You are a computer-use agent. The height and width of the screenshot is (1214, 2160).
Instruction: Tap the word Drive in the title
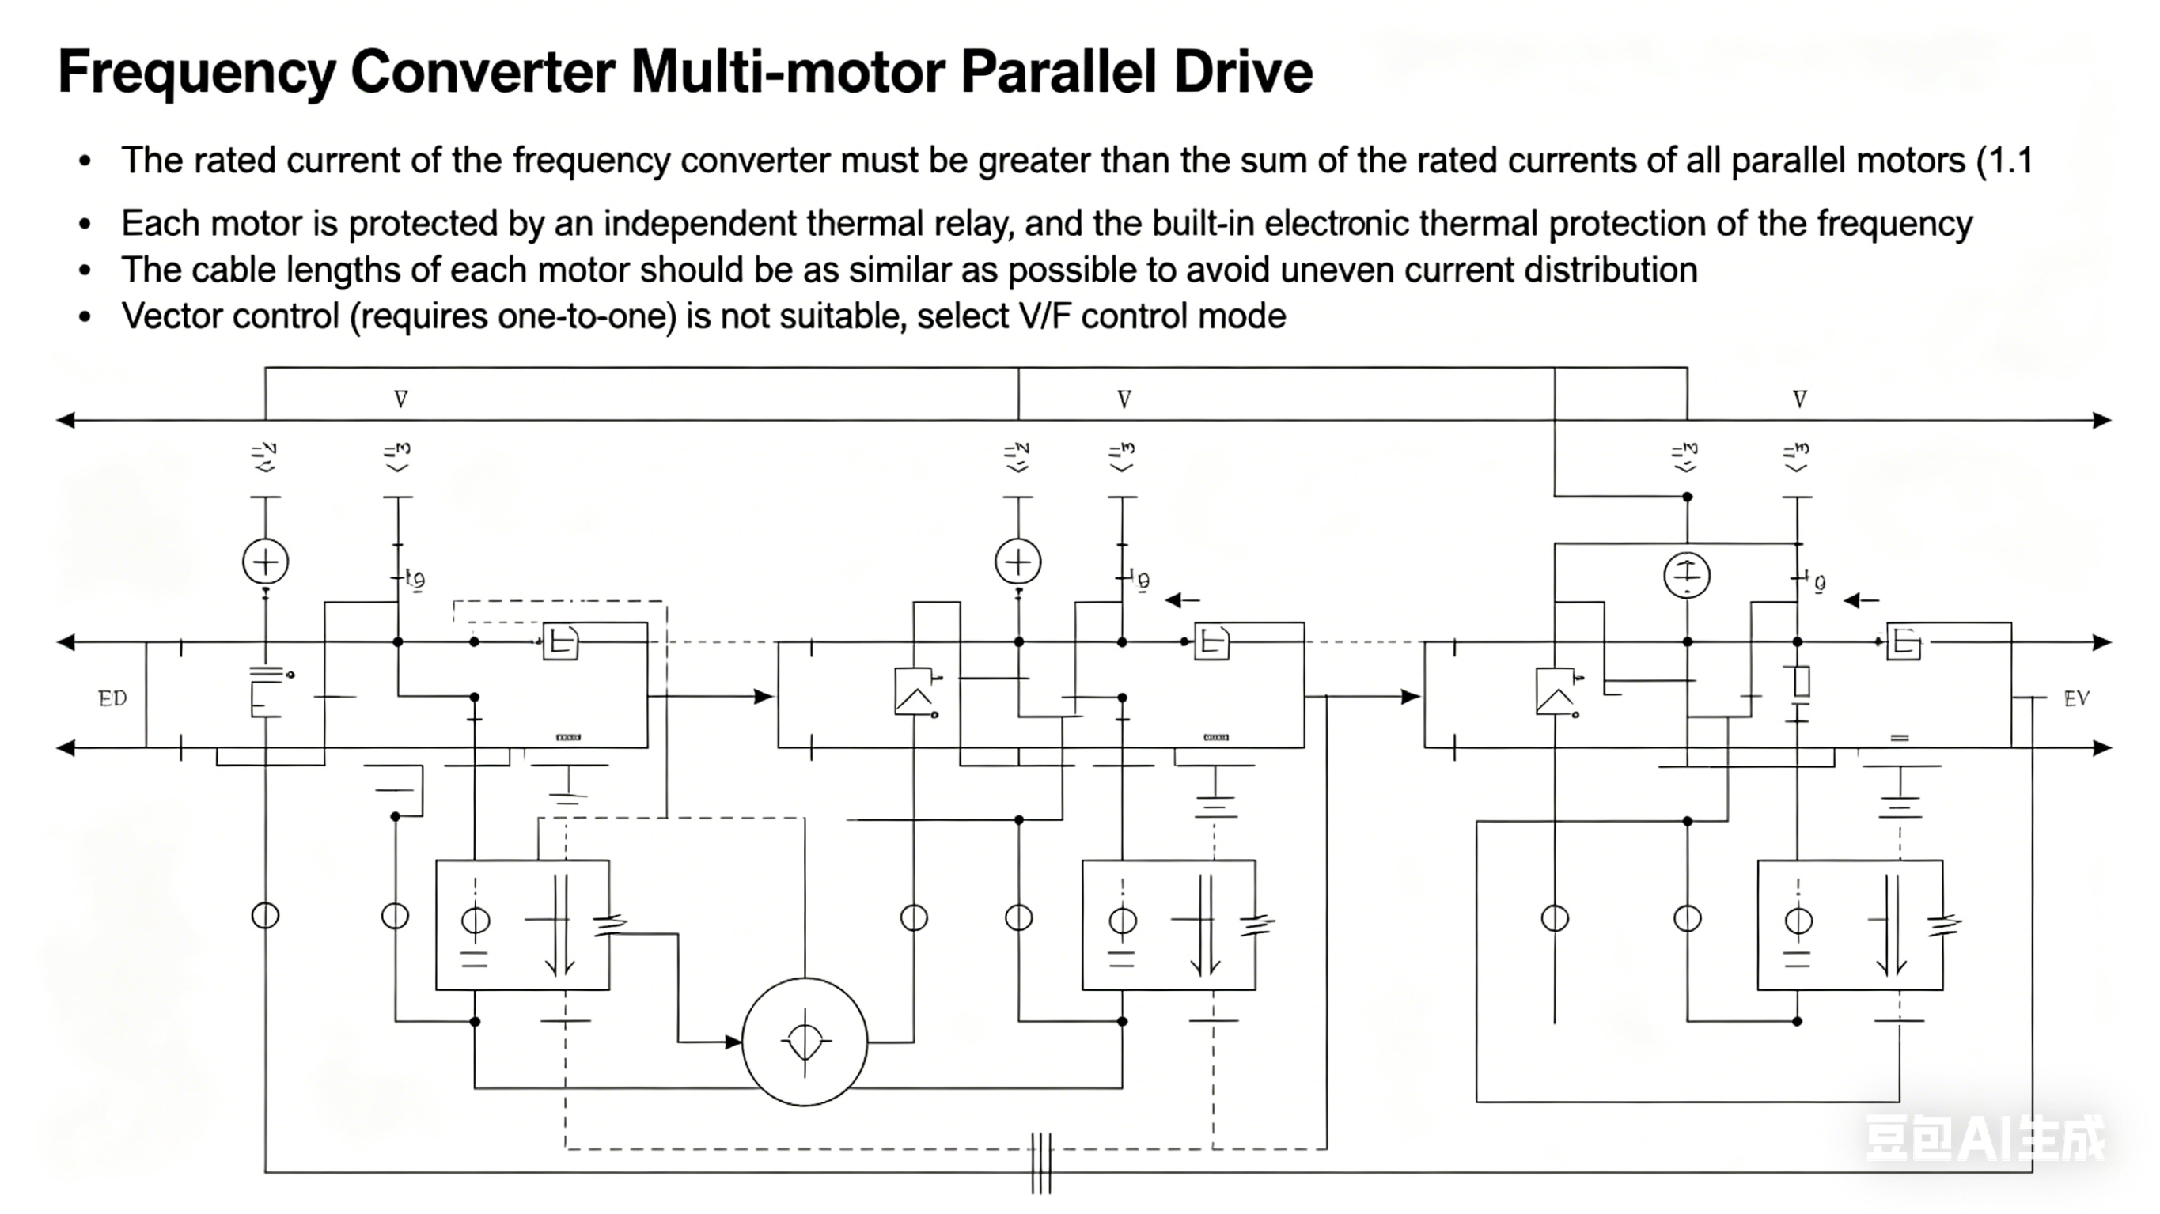click(1244, 72)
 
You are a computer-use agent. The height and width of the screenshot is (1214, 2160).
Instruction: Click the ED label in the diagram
click(112, 698)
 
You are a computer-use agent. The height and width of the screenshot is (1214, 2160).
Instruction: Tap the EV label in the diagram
click(2076, 698)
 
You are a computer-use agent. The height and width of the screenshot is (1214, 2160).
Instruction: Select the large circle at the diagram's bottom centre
click(804, 1042)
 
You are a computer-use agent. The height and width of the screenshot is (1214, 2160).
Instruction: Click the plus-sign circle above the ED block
click(265, 562)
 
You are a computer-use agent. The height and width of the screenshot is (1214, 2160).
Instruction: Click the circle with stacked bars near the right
click(1686, 576)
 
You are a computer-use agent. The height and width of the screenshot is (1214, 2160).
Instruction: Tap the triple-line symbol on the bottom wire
click(1040, 1163)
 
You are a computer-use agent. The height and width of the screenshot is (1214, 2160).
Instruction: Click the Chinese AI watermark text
click(1984, 1139)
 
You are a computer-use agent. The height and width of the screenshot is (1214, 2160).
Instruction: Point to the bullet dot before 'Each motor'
click(85, 224)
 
